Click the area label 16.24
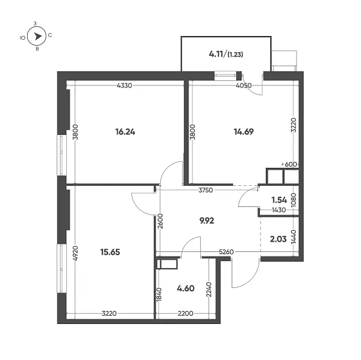tap(125, 132)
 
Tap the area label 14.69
tap(244, 132)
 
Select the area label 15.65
tap(110, 252)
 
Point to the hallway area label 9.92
tap(207, 221)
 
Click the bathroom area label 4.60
tap(185, 288)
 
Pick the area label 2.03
tap(279, 239)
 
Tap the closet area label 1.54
tap(279, 200)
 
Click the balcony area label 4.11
tap(216, 54)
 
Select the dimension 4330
tap(124, 85)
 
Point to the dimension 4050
tap(244, 85)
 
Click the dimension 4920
tap(75, 253)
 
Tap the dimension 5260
tap(226, 252)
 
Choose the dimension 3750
tap(206, 190)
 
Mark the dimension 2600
tap(160, 221)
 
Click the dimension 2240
tap(209, 289)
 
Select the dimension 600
tap(291, 165)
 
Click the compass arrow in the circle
tap(38, 36)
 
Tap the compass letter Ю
tap(23, 38)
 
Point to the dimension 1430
tap(279, 210)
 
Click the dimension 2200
tap(185, 313)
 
